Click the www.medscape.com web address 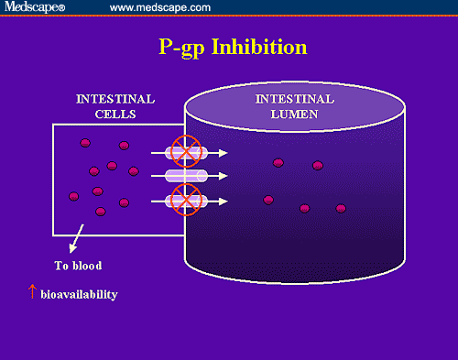(160, 7)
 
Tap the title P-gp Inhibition (229, 48)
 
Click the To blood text (77, 266)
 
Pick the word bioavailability (79, 296)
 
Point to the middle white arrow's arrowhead (224, 176)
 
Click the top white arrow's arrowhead (224, 153)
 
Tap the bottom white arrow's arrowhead (224, 200)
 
